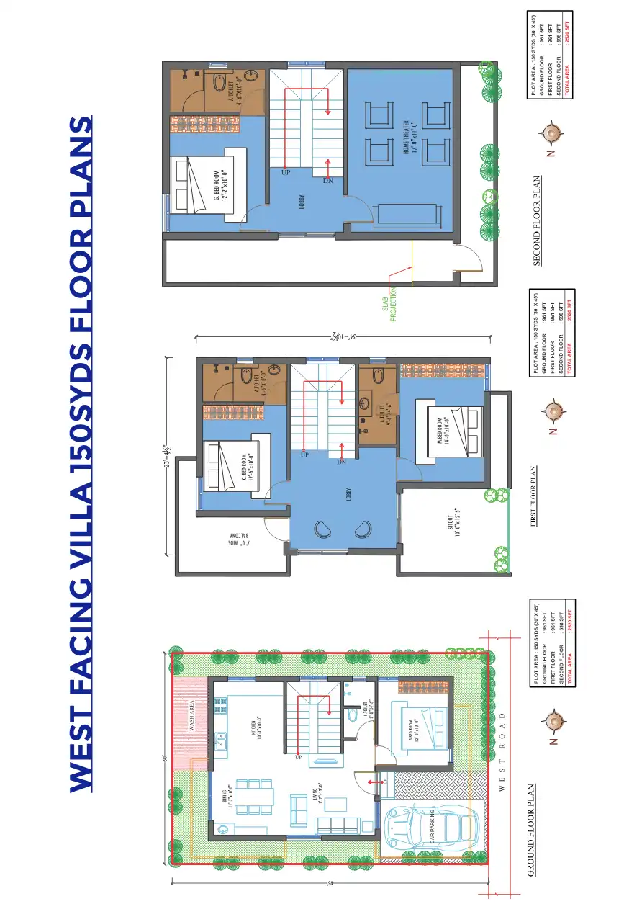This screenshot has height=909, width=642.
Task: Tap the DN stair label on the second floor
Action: (x=327, y=180)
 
